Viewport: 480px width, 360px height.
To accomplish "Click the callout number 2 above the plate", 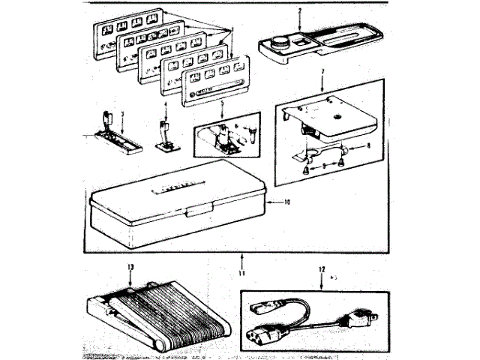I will point(299,11).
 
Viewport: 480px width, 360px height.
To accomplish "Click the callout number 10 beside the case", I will point(288,202).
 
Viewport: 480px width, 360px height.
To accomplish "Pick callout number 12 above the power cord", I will point(322,269).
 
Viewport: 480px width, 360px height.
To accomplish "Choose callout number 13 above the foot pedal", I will point(130,268).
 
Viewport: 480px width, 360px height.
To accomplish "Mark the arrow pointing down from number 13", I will point(130,279).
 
